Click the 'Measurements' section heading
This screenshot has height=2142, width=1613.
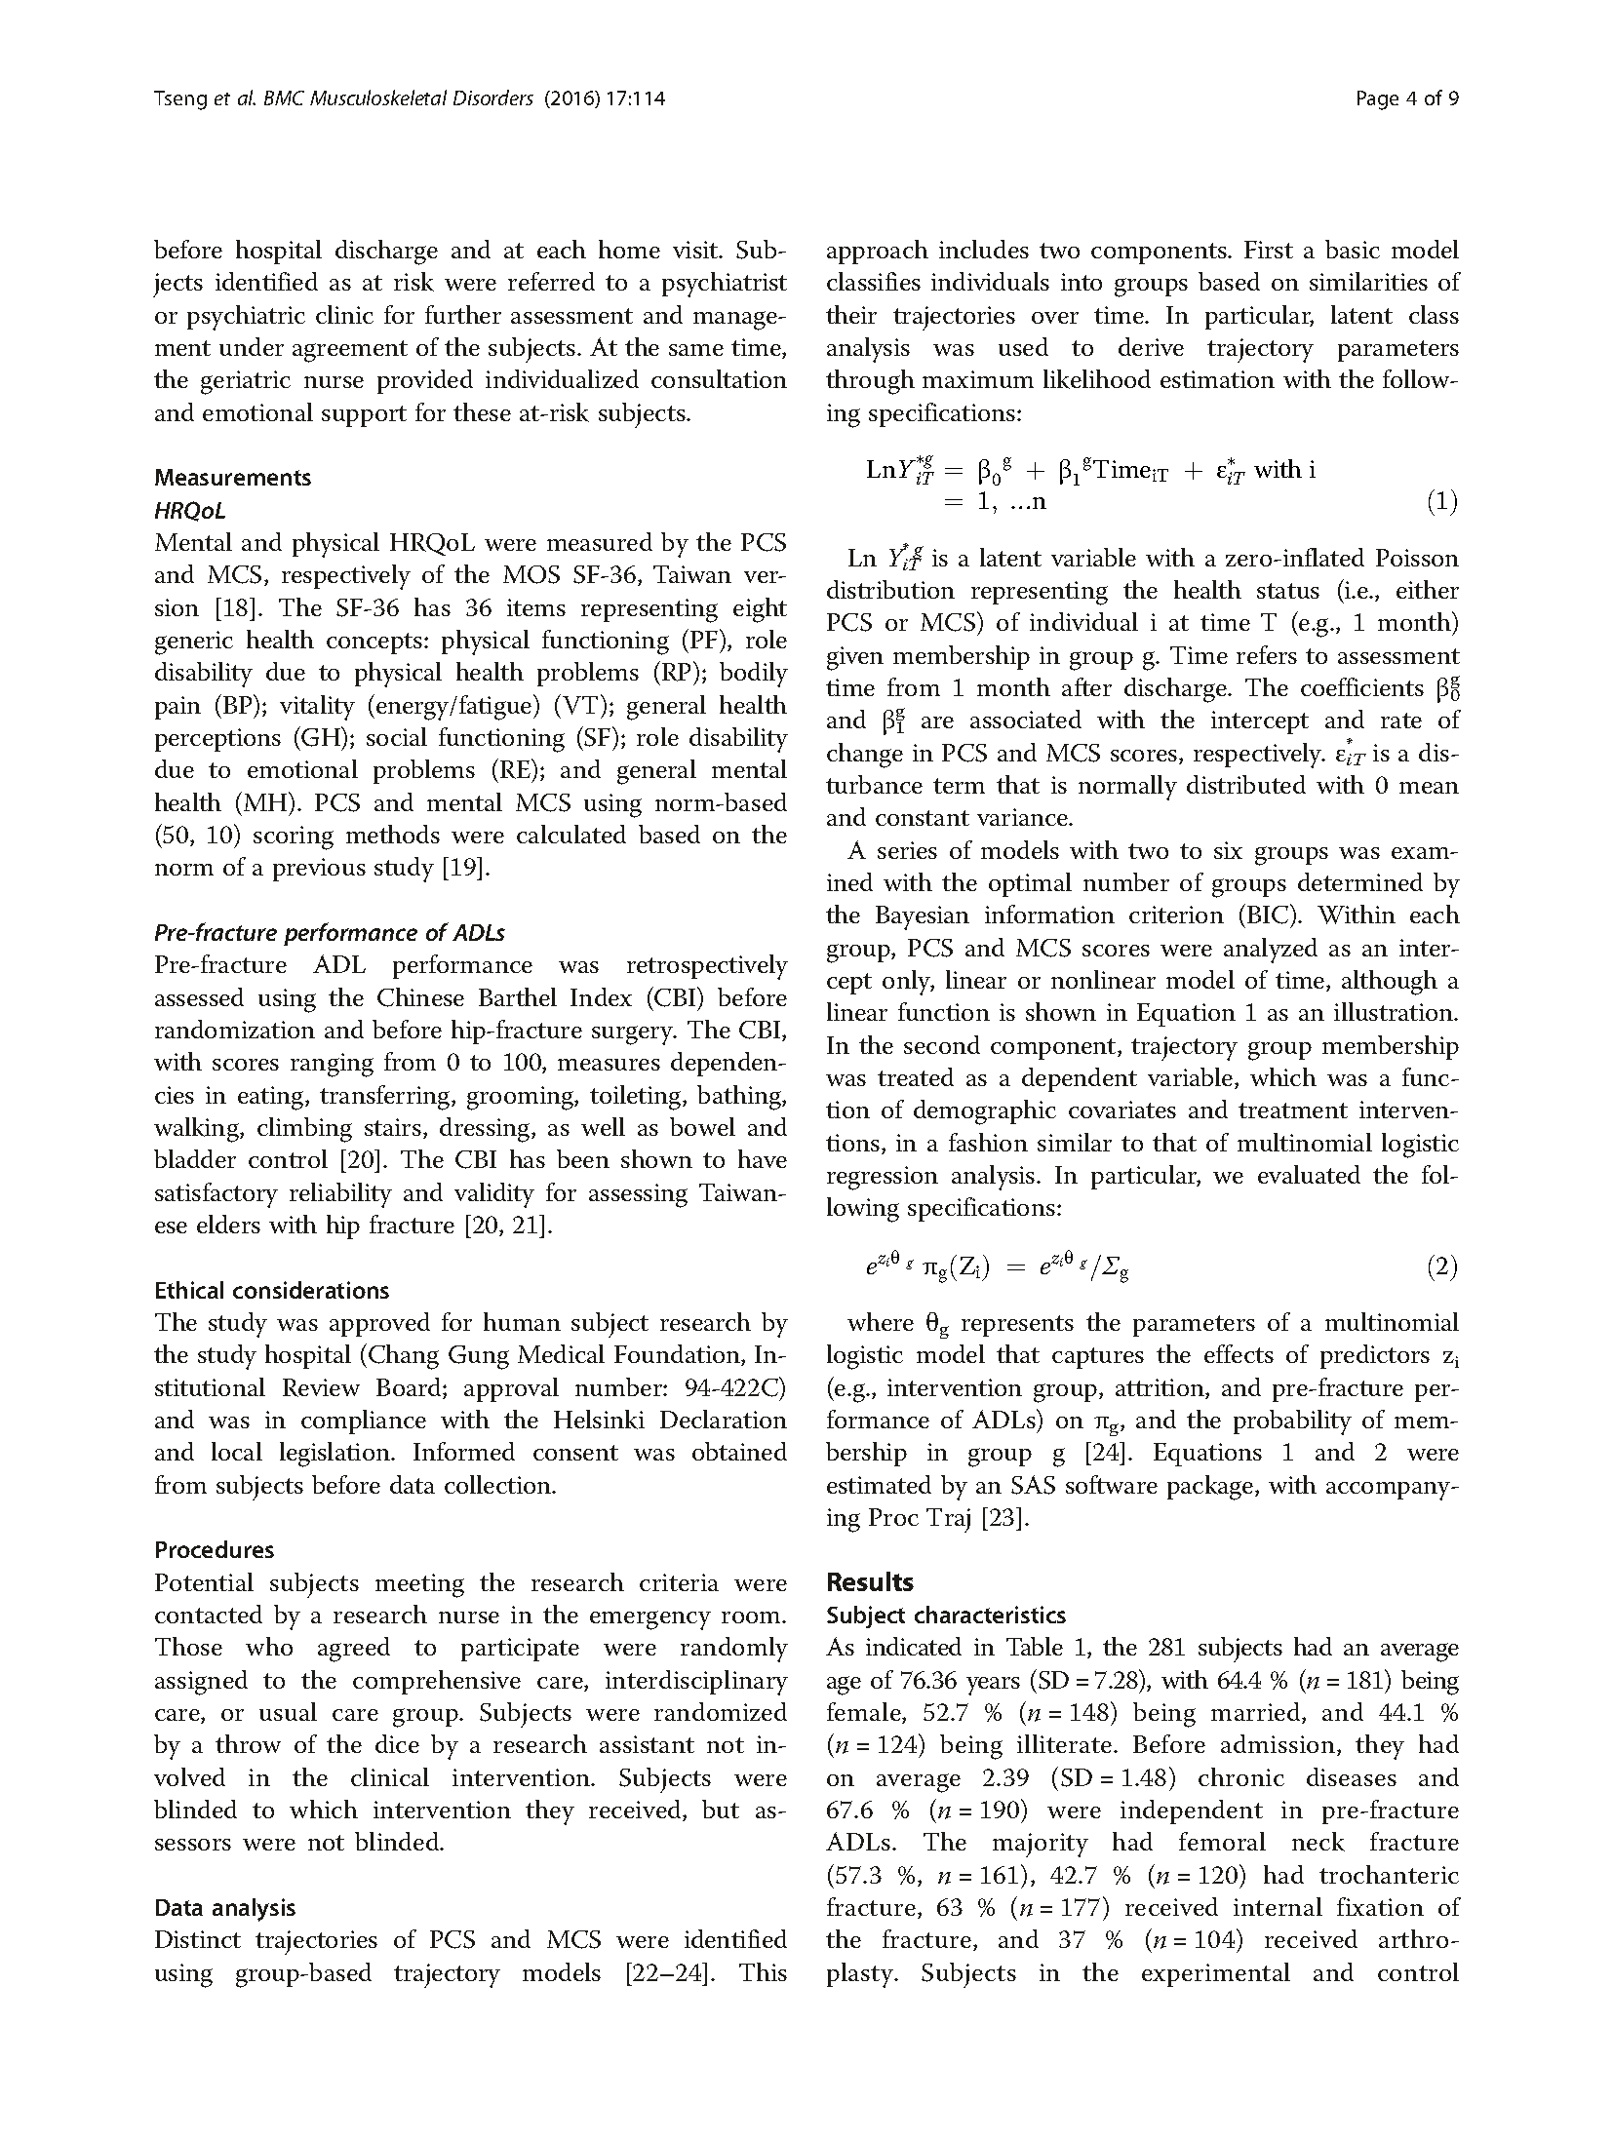[x=232, y=478]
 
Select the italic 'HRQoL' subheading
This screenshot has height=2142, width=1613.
[x=189, y=510]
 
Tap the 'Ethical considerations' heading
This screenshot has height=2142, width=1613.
[x=271, y=1290]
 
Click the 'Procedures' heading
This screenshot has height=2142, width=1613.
[x=214, y=1550]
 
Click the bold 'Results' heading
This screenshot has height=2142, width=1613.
[x=870, y=1581]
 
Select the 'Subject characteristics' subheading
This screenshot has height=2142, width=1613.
[x=945, y=1615]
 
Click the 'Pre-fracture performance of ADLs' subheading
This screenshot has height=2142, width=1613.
[x=330, y=932]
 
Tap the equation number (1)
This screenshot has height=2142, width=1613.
[x=1441, y=502]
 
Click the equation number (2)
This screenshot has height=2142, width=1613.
[x=1441, y=1266]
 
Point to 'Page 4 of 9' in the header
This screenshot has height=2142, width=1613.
[x=1407, y=98]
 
